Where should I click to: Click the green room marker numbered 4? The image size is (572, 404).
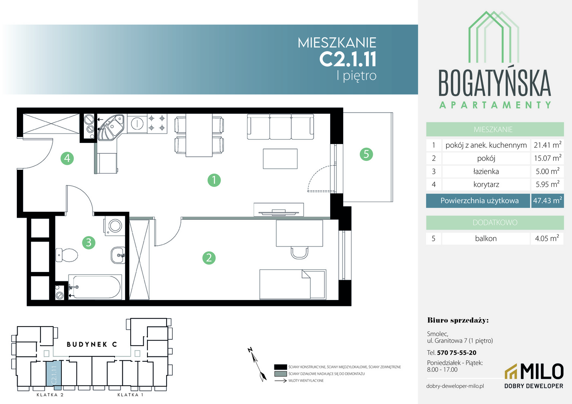pos(67,158)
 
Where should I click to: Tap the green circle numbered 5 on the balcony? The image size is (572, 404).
pos(366,154)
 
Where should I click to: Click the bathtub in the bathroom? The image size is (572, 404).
pos(95,287)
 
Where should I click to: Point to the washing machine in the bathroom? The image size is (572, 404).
pos(114,225)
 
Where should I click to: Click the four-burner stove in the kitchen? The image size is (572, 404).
pos(157,123)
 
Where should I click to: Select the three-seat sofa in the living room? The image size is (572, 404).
pos(280,126)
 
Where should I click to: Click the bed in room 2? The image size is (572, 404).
pos(293,284)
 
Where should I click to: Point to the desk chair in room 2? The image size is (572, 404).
pos(299,252)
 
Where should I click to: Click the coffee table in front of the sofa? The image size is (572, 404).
pos(280,159)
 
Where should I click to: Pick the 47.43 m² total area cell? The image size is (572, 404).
pos(547,201)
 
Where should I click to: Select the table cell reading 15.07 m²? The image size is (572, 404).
pos(548,158)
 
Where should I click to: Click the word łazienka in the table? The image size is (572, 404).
pos(486,171)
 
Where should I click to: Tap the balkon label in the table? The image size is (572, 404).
pos(486,238)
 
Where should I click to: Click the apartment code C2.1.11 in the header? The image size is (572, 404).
pos(348,59)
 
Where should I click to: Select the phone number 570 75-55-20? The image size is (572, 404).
pos(457,353)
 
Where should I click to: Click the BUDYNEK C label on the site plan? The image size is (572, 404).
pos(92,345)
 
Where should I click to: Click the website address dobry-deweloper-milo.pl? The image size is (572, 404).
pos(455,386)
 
